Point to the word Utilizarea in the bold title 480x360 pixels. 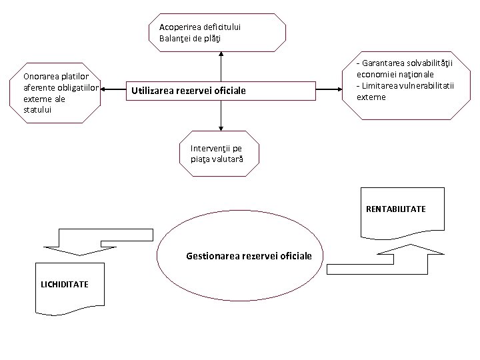pos(157,90)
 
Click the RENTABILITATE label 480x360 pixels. pos(395,209)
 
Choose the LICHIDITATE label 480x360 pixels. pos(65,284)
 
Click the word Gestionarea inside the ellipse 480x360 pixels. pos(213,255)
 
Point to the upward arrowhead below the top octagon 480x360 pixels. pos(220,57)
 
